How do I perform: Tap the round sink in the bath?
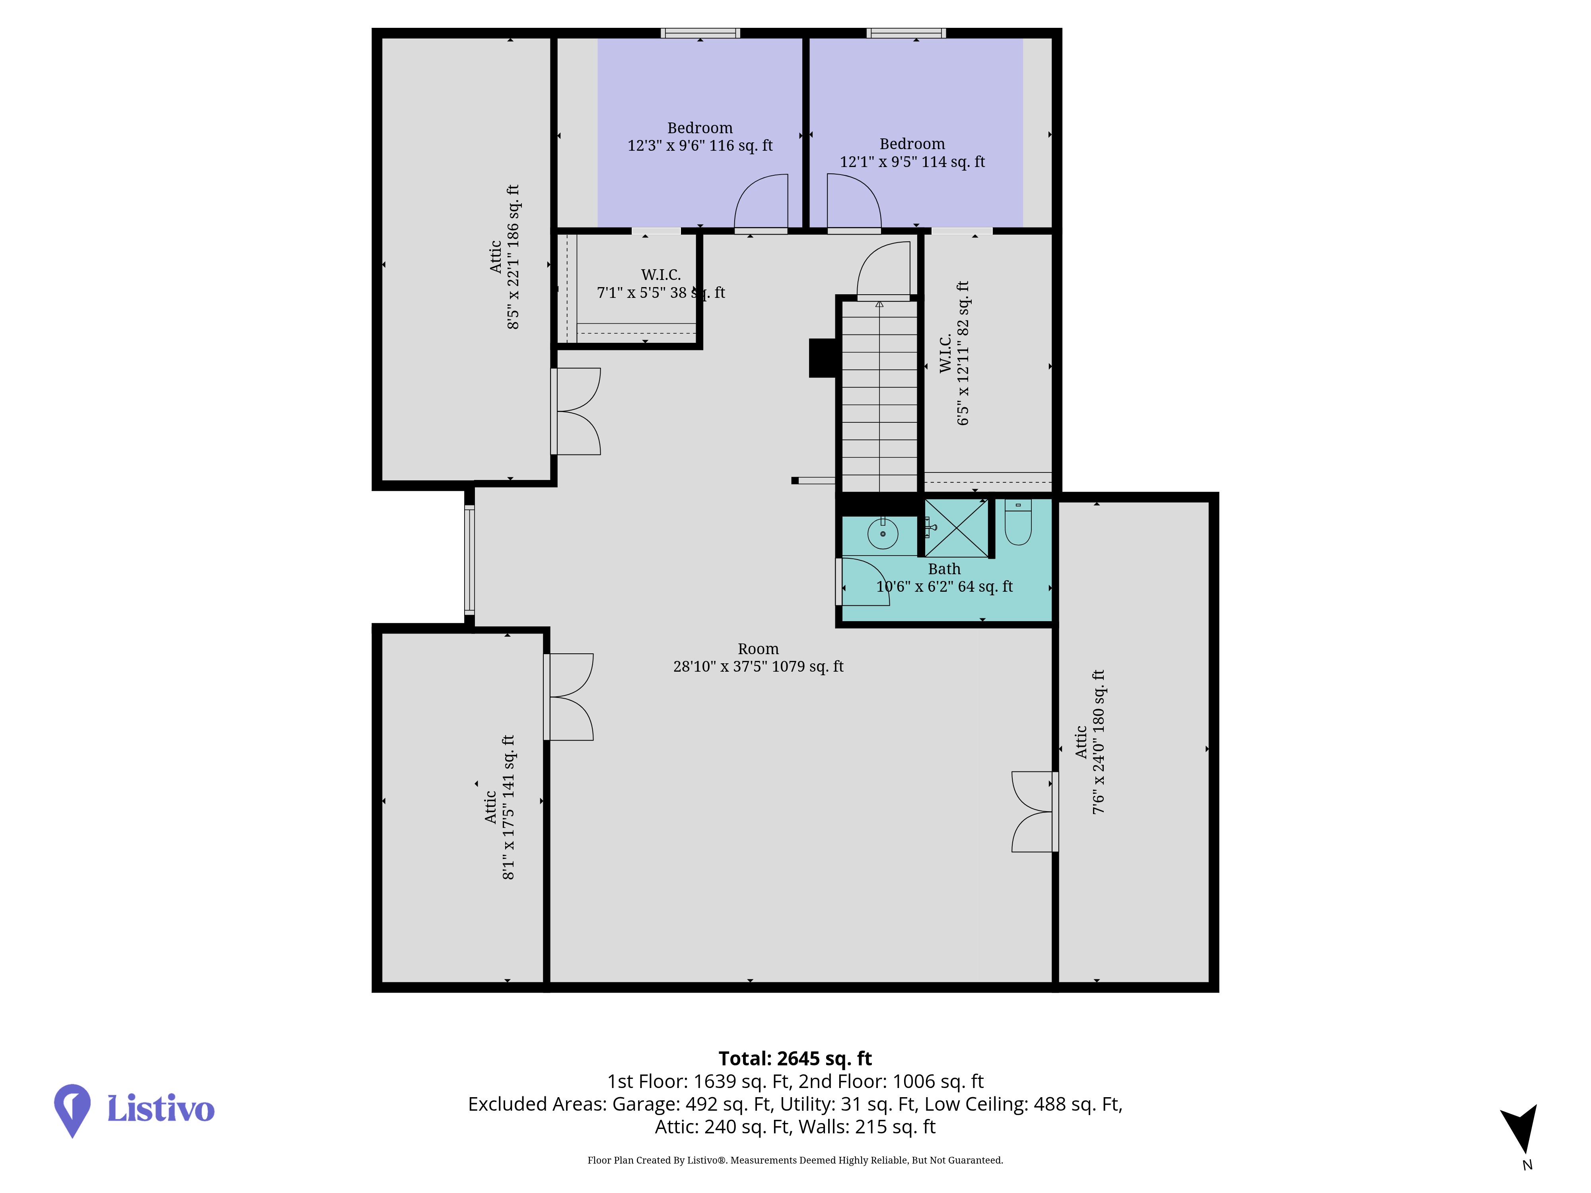tap(883, 534)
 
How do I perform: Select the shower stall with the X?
tap(957, 528)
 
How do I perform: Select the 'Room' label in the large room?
tap(758, 649)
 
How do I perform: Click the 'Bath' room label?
tap(944, 569)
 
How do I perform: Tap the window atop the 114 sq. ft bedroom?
tap(906, 33)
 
